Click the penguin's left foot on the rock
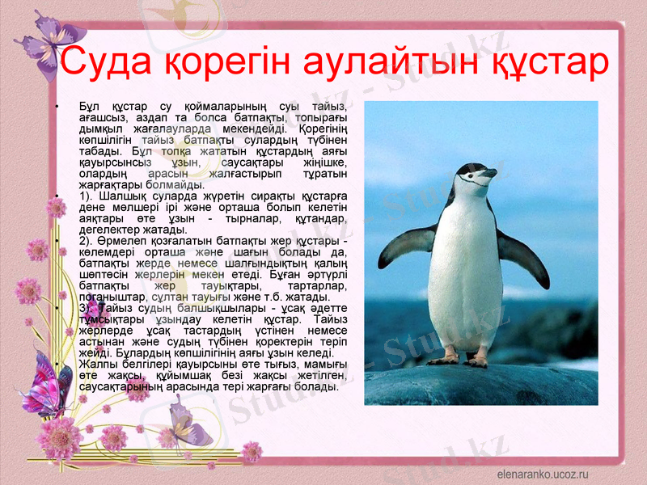[444, 356]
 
